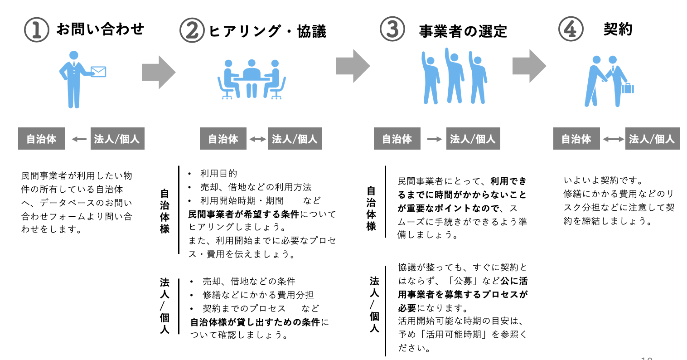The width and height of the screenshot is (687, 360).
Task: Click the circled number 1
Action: [x=36, y=30]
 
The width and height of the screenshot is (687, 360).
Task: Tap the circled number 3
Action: [x=392, y=29]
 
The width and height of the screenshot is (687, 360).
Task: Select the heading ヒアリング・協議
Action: [x=267, y=31]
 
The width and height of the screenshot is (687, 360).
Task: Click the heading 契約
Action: [x=618, y=29]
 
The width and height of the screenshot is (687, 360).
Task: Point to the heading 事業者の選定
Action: [x=463, y=31]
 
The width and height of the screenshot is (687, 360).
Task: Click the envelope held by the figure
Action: [x=98, y=72]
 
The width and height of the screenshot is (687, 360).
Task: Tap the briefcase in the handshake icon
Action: [x=628, y=88]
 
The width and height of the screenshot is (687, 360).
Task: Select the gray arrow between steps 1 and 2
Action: [x=158, y=72]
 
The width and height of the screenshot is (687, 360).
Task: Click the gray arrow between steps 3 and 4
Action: [x=529, y=66]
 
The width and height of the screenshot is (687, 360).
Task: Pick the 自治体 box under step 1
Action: [x=41, y=139]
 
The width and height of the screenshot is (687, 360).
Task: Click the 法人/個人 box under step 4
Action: [x=652, y=139]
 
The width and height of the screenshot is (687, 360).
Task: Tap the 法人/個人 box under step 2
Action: [x=295, y=139]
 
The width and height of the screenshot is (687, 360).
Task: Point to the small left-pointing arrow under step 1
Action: [x=79, y=139]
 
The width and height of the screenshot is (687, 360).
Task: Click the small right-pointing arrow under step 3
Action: [x=434, y=139]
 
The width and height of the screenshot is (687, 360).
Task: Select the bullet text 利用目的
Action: [x=218, y=174]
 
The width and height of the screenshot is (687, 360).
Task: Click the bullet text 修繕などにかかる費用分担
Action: [x=258, y=295]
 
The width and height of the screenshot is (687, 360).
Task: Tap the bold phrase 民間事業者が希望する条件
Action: [x=244, y=214]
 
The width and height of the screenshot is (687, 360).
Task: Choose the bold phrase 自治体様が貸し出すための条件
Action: [x=255, y=322]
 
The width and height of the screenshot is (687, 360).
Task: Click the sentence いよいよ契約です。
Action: [x=603, y=180]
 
